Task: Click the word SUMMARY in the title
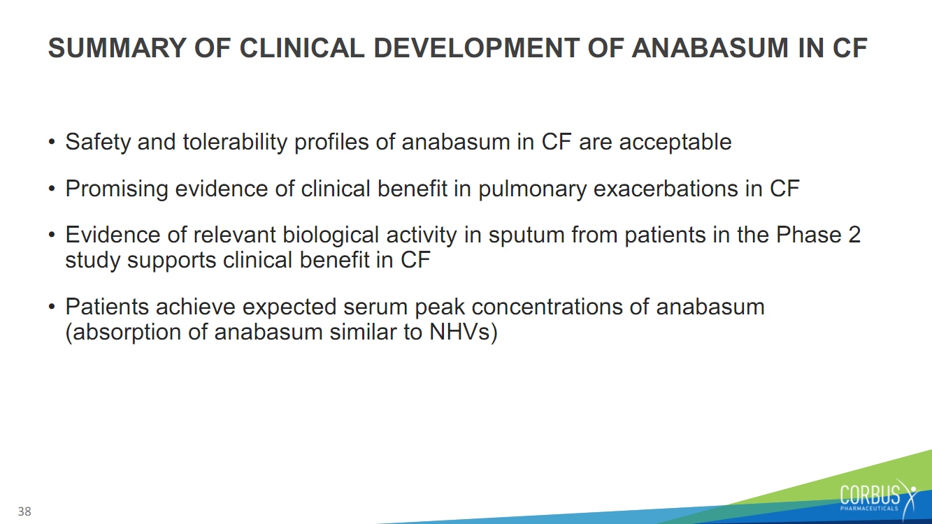pyautogui.click(x=117, y=48)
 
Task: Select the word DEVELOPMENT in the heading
pyautogui.click(x=476, y=48)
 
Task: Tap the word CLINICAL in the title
pyautogui.click(x=301, y=48)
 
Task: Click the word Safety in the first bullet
pyautogui.click(x=98, y=143)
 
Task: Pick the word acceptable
pyautogui.click(x=675, y=143)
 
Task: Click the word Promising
pyautogui.click(x=117, y=189)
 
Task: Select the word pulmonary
pyautogui.click(x=532, y=189)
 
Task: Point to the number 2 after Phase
pyautogui.click(x=854, y=235)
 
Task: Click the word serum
pyautogui.click(x=375, y=307)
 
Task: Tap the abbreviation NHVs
pyautogui.click(x=460, y=333)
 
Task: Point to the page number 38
pyautogui.click(x=24, y=511)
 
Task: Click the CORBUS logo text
pyautogui.click(x=870, y=495)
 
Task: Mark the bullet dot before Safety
pyautogui.click(x=52, y=143)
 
